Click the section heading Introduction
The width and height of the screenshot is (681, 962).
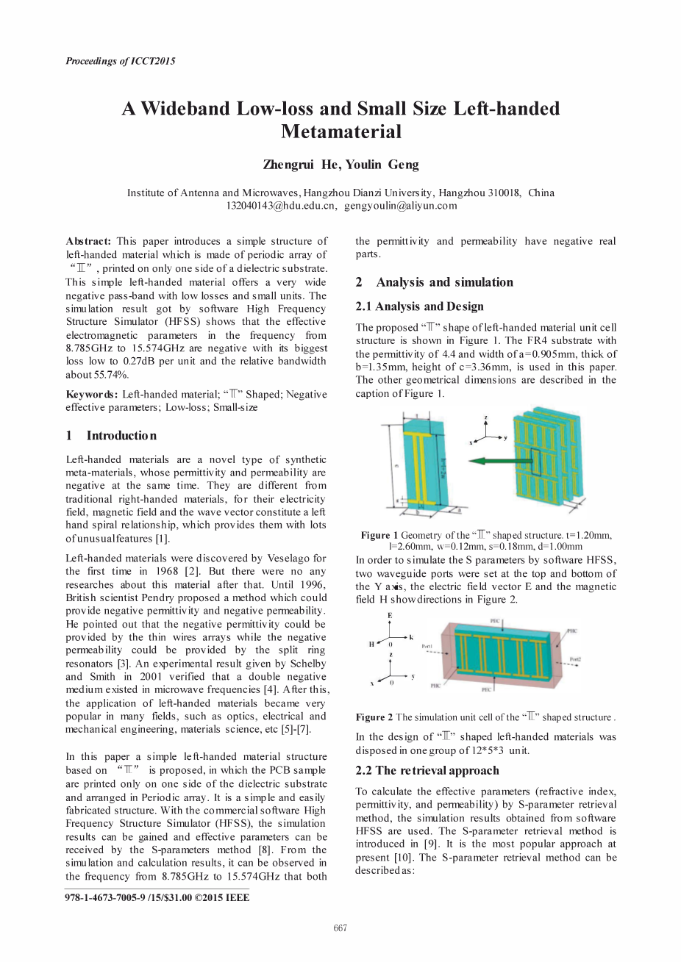click(121, 436)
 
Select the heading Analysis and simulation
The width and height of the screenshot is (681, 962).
click(444, 282)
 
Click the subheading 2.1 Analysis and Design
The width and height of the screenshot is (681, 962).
click(419, 306)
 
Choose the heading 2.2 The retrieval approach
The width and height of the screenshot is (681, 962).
click(427, 770)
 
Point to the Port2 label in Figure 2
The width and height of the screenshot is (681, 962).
click(575, 660)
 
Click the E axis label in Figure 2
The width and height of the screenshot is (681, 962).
click(390, 615)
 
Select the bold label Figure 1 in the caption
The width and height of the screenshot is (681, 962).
click(379, 536)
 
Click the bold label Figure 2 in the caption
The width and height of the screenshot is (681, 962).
click(374, 717)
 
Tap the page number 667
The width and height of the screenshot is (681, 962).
click(340, 928)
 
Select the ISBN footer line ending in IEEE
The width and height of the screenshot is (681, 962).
click(157, 897)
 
